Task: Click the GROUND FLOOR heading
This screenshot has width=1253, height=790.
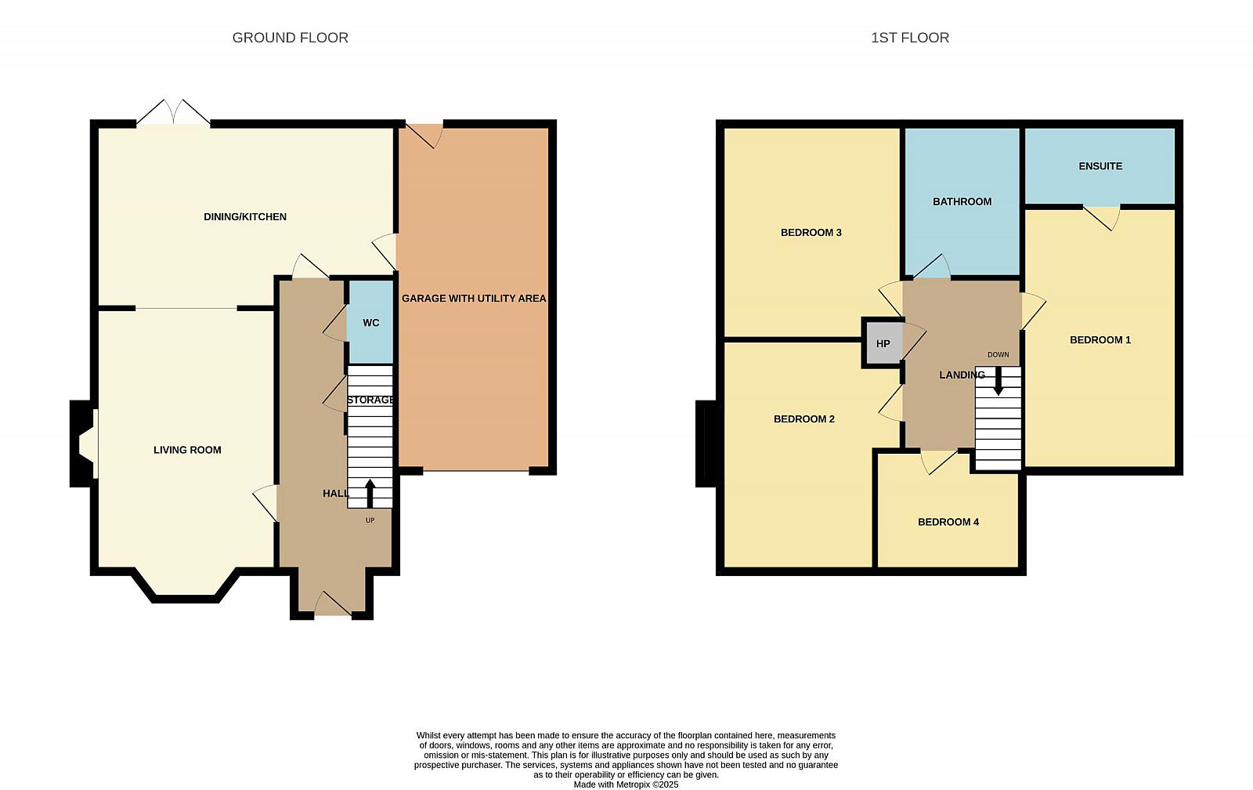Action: click(290, 38)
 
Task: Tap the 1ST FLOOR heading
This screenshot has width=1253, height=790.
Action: click(909, 38)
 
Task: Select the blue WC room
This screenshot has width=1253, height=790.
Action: click(371, 322)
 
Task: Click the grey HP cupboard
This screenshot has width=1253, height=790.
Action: click(883, 343)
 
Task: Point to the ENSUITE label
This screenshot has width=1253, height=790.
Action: click(1100, 165)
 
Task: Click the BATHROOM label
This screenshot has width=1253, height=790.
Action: click(962, 201)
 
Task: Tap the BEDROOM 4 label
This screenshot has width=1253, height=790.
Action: click(948, 522)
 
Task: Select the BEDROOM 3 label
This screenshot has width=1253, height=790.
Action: click(811, 232)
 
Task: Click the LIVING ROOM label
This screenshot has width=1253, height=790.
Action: click(187, 450)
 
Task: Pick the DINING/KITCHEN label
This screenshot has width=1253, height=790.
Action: click(245, 216)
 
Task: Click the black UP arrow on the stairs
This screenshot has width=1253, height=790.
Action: click(370, 493)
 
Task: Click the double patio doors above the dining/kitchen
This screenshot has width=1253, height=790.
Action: click(173, 112)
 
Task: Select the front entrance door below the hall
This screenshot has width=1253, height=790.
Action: click(333, 606)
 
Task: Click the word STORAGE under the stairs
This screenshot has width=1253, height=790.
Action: click(370, 400)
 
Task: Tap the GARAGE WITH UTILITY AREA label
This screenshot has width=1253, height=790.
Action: click(474, 299)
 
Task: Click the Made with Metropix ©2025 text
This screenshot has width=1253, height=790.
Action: click(626, 785)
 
